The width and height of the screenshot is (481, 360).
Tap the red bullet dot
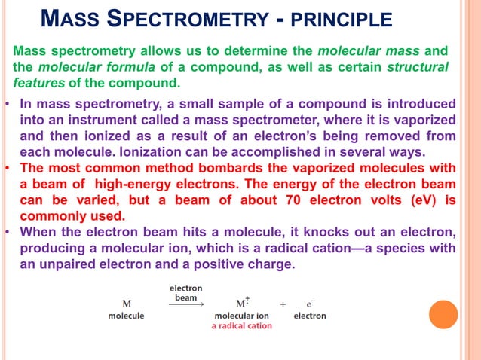click(7, 167)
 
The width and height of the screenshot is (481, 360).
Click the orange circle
click(443, 314)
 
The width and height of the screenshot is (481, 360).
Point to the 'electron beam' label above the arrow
click(185, 292)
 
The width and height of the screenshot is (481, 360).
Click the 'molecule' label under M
click(126, 316)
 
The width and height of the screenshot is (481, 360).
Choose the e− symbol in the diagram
click(309, 303)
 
